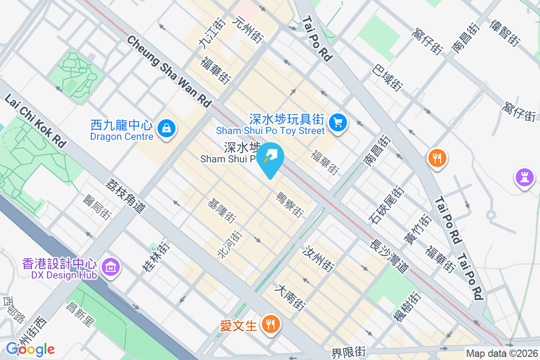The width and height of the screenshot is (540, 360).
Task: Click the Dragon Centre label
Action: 122,130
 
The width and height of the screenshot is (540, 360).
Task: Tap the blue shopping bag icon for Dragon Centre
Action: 167,129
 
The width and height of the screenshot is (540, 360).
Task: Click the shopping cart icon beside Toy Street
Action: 337,122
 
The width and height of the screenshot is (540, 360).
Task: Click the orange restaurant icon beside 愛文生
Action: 270,324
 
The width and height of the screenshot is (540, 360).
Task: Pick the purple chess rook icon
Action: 524,176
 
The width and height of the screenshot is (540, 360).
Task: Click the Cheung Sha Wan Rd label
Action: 169,71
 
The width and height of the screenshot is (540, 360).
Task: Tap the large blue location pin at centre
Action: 271,157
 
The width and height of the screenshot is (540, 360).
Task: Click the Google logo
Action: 30,349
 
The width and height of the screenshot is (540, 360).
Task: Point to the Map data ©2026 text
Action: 502,354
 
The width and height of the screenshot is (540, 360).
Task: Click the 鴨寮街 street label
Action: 289,204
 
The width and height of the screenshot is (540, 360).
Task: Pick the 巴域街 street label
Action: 387,76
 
